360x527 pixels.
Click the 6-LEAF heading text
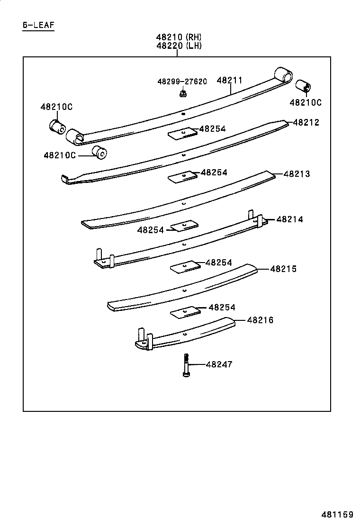(x=38, y=25)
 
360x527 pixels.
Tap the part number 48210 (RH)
(x=179, y=37)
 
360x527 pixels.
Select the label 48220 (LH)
(x=179, y=45)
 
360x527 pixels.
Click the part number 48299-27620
(x=182, y=82)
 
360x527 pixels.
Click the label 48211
(x=230, y=81)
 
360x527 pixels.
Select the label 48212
(x=306, y=122)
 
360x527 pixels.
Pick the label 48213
(x=297, y=174)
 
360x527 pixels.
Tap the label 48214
(x=289, y=219)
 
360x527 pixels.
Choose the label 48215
(x=283, y=269)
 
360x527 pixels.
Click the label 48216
(x=260, y=320)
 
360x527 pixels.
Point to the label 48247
(x=219, y=364)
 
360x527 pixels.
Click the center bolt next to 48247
(x=186, y=365)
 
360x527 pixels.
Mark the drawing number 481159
(x=338, y=514)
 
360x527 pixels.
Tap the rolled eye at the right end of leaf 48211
(x=284, y=75)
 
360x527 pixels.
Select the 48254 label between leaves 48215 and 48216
(x=222, y=308)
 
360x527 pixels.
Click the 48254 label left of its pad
(x=151, y=230)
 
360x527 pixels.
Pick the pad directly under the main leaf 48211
(x=182, y=133)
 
